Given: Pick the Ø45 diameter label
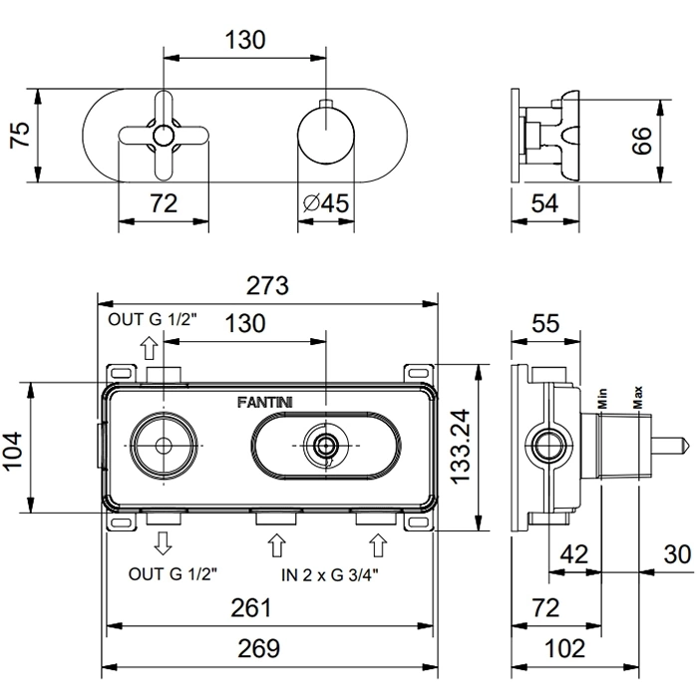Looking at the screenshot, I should pyautogui.click(x=324, y=202).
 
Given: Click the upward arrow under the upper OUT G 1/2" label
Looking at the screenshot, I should pyautogui.click(x=148, y=347).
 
